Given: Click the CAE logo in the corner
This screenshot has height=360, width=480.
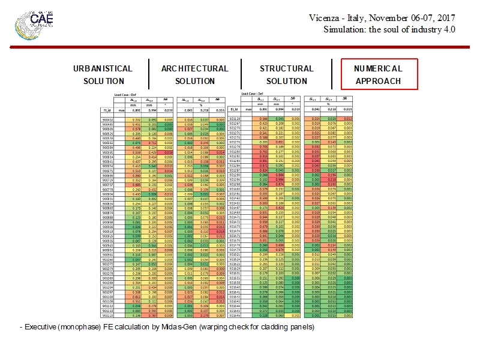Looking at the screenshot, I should [37, 19].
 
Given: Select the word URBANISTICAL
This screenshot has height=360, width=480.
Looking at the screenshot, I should [103, 68].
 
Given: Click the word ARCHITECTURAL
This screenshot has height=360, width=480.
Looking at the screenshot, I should [194, 68].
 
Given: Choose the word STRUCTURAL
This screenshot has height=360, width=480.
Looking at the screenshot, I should [286, 68].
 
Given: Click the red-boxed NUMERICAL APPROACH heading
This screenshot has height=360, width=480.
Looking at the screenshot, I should [378, 74].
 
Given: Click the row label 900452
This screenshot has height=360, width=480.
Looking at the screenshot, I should [107, 120].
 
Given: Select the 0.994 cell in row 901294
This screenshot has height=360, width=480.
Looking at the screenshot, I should [279, 179].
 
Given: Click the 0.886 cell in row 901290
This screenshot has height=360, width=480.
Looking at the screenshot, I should [279, 175].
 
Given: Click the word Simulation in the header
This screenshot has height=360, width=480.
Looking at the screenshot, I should [344, 29].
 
